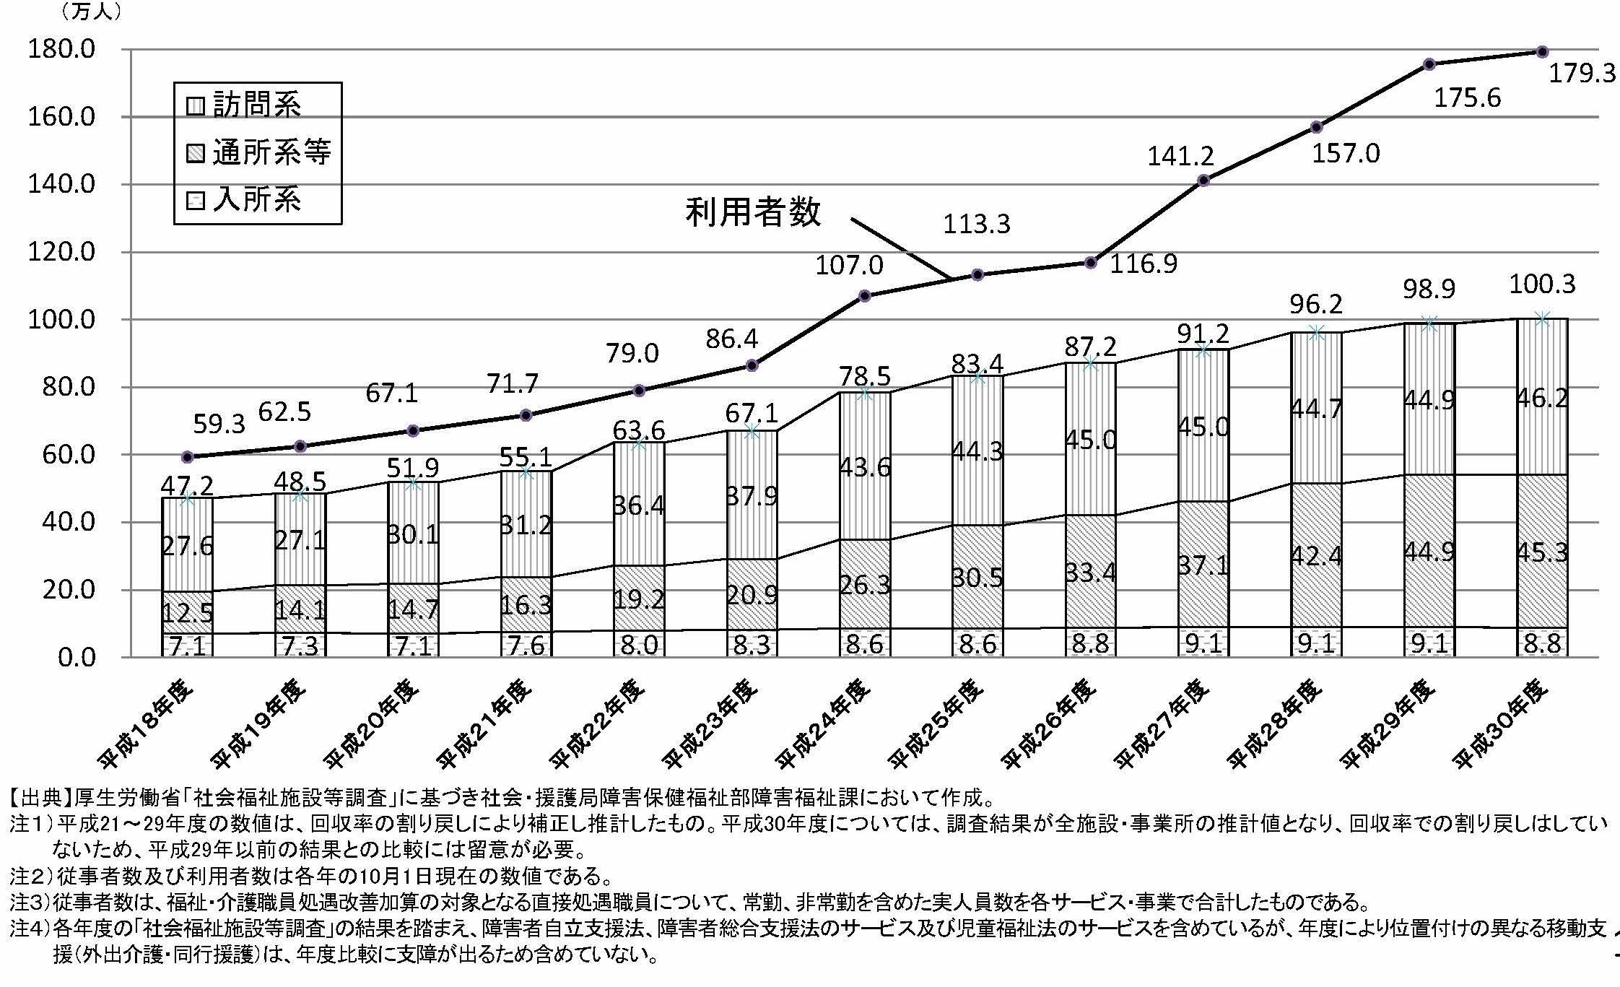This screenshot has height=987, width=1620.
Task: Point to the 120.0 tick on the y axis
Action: coord(61,252)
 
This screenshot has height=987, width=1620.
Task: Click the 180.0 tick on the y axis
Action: coord(61,49)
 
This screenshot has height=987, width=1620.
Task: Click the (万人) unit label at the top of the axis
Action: coord(91,12)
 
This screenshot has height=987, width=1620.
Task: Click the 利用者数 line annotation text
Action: coord(753,212)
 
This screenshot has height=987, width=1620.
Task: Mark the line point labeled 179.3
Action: coord(1542,51)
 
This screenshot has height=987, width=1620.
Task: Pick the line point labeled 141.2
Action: coord(1203,181)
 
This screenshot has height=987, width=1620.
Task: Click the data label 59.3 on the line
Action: coord(219,424)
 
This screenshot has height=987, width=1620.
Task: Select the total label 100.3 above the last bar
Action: coord(1542,284)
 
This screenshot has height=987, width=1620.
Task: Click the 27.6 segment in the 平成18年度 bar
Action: coord(187,547)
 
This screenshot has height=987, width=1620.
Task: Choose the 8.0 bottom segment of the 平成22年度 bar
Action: coord(639,644)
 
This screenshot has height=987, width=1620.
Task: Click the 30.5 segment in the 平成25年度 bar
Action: coord(977,577)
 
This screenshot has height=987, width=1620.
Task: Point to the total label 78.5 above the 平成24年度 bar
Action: coord(864,376)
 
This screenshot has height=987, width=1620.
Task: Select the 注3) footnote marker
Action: coord(30,902)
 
